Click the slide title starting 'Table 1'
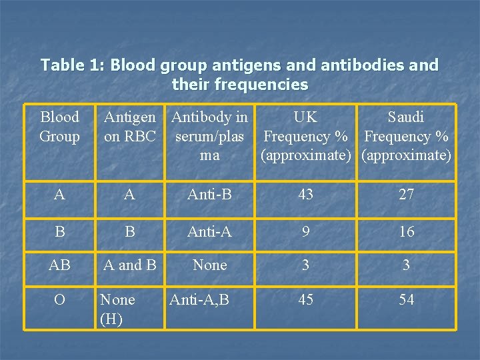[x=239, y=75]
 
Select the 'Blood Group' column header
[x=59, y=127]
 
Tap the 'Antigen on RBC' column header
[x=130, y=127]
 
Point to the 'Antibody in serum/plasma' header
[x=209, y=136]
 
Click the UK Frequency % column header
[x=305, y=136]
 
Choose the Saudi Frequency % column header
[x=406, y=136]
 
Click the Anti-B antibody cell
[x=209, y=194]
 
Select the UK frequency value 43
[x=305, y=194]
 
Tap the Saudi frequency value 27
[x=406, y=194]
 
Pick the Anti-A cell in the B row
[x=209, y=231]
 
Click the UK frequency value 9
[x=305, y=231]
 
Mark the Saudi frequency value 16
[x=406, y=231]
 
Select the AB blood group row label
[x=59, y=265]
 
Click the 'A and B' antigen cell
[x=130, y=265]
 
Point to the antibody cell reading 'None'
[x=209, y=265]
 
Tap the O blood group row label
[x=59, y=299]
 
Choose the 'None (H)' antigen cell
[x=117, y=309]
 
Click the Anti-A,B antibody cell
[x=199, y=299]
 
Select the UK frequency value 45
[x=305, y=299]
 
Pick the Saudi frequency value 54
[x=406, y=299]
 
